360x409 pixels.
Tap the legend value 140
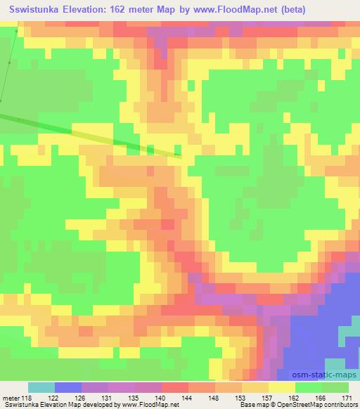161,397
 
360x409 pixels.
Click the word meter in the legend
11,397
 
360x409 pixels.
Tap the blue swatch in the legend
68,387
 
